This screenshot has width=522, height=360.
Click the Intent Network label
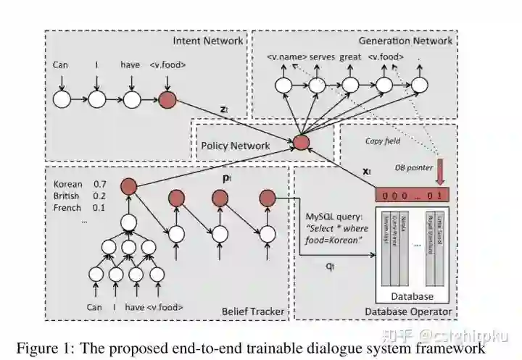pos(207,41)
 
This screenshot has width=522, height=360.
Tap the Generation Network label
pos(406,41)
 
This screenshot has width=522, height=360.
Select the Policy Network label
pos(235,146)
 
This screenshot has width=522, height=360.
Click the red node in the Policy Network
pos(301,142)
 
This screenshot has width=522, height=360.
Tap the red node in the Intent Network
pos(167,99)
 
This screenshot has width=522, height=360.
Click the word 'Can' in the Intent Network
pos(61,65)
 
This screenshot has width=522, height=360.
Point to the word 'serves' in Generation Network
pos(323,56)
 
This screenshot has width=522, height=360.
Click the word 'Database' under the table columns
pos(411,296)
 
